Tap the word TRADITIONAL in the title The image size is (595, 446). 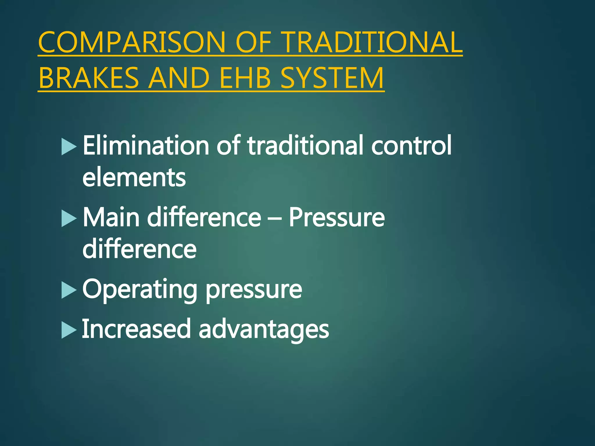[x=372, y=43]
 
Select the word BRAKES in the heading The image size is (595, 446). [x=89, y=78]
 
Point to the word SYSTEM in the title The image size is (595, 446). [x=332, y=78]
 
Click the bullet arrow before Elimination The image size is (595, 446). [x=69, y=147]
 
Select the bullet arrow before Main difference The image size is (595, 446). [x=69, y=219]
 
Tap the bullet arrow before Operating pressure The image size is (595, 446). [x=69, y=290]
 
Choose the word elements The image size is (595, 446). [x=134, y=178]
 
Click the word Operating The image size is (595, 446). [x=140, y=290]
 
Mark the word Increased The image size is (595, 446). [x=136, y=329]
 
